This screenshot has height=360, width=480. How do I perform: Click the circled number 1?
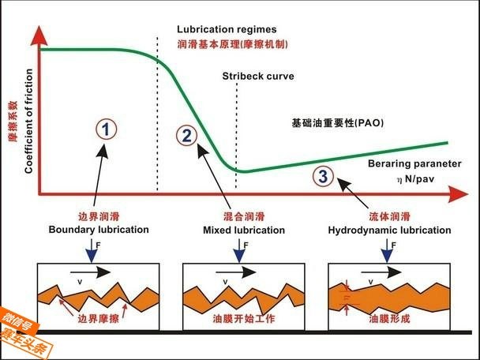point(107,128)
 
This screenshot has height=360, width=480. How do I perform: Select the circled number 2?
point(186,135)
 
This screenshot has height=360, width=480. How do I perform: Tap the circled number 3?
point(323,176)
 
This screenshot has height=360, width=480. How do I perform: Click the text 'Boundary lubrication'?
point(99,230)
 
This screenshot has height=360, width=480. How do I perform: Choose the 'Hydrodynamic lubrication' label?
point(389,230)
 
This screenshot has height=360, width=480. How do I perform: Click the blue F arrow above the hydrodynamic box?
point(385,251)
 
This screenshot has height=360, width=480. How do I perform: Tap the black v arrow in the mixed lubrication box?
point(241,271)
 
